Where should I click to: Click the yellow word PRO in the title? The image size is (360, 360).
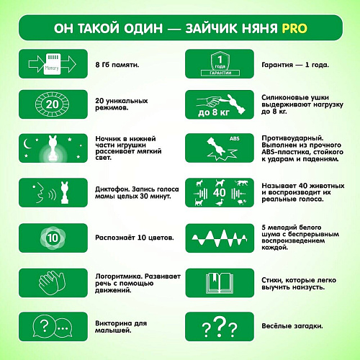pos(294,28)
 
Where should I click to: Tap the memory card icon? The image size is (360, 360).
pos(52,64)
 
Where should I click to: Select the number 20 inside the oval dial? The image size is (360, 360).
pos(52,104)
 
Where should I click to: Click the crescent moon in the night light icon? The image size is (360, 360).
pos(27,143)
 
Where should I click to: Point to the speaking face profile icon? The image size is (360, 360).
pos(39,192)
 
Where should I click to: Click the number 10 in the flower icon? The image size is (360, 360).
pos(53,238)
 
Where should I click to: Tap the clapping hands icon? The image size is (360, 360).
pos(52,282)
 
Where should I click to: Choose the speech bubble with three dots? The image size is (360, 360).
pos(63,328)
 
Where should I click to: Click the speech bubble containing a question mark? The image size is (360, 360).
pos(44,326)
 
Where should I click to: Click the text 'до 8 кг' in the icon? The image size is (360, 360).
pos(214,112)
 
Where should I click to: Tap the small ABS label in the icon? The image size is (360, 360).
pos(235,138)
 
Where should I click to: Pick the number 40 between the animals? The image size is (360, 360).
pos(219,192)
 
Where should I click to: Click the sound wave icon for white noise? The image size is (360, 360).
pos(220,238)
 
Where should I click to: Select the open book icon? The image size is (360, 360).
pos(220,283)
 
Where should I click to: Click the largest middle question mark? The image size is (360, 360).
pos(220,326)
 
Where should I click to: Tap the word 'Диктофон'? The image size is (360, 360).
pos(112,189)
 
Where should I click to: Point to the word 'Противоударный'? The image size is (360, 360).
pos(292,138)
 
